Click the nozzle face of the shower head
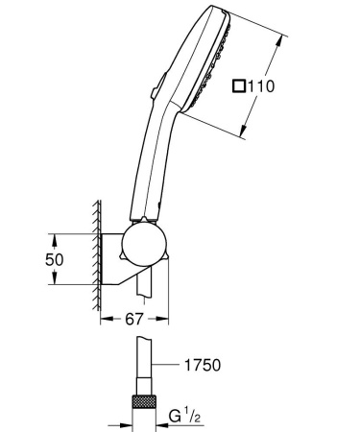(223, 67)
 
